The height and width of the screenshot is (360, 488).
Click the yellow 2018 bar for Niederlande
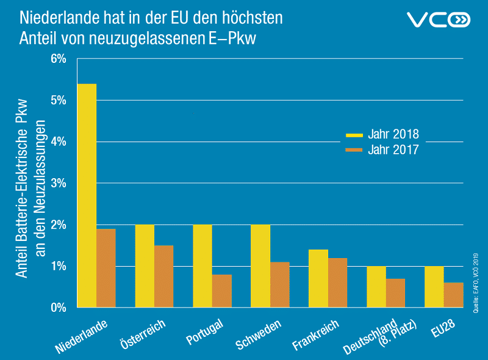[87, 195]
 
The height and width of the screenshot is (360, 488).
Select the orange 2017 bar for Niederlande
[106, 268]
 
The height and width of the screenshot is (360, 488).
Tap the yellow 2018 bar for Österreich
[145, 266]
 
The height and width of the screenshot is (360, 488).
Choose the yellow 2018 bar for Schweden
[260, 266]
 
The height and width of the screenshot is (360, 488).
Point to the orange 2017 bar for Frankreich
[338, 283]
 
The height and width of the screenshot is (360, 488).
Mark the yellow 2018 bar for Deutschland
[376, 287]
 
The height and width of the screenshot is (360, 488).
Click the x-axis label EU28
[443, 326]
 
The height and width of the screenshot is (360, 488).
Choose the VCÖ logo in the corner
[439, 20]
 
